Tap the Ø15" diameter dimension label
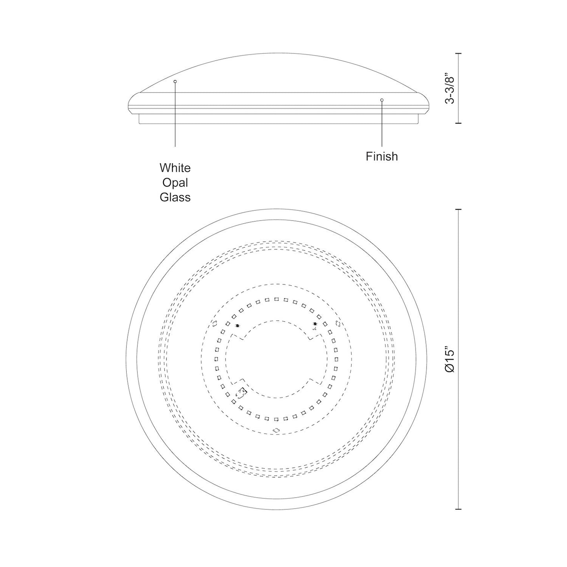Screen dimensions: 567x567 point(450,359)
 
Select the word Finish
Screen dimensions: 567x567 point(382,157)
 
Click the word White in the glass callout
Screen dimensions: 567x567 point(175,168)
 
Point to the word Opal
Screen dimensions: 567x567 point(175,183)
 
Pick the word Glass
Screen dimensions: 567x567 point(175,197)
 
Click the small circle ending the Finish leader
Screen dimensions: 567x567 point(382,100)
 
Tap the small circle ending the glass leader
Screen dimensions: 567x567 point(175,81)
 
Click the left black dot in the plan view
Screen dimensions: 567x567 point(237,326)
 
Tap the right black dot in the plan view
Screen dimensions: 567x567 point(315,324)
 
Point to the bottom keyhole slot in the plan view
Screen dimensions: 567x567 point(276,430)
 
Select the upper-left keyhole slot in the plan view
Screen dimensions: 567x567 point(214,324)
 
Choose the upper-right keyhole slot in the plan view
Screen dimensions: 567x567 point(339,324)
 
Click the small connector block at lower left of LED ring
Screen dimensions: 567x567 point(241,392)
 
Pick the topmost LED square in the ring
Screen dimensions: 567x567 point(276,299)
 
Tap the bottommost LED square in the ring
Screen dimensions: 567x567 point(276,419)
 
